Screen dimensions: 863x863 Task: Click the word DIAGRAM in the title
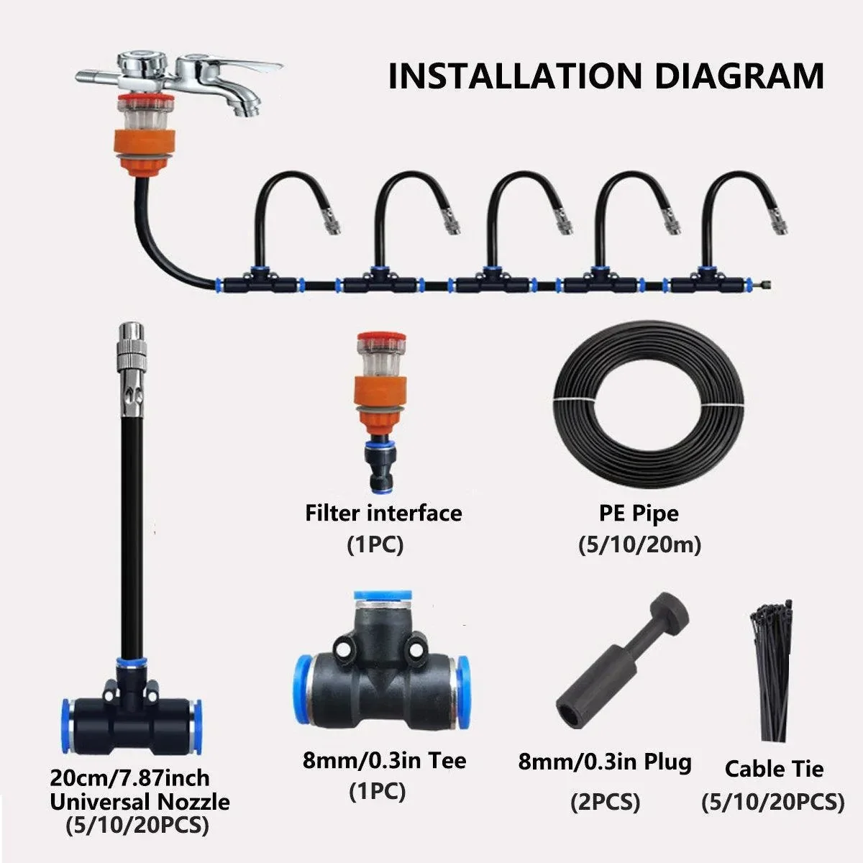(739, 76)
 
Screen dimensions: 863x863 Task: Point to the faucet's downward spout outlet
(247, 109)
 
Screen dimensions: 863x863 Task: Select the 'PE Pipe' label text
(639, 513)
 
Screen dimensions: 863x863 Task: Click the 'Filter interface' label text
(383, 513)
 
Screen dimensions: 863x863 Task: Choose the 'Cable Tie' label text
(774, 770)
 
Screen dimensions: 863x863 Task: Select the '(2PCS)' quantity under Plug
(605, 802)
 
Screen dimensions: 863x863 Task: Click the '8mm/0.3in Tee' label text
(384, 760)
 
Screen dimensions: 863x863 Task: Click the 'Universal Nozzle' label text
(140, 802)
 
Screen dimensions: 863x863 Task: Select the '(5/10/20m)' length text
(639, 545)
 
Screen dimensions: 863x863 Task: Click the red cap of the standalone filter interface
(382, 338)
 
